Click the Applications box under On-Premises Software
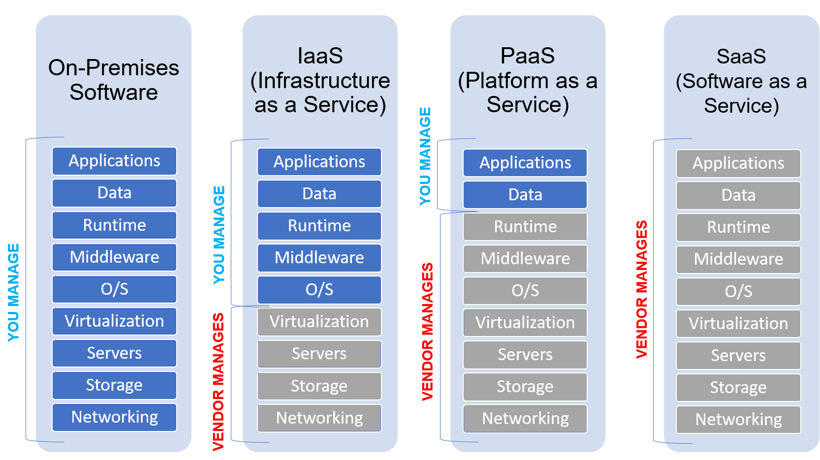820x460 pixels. [114, 161]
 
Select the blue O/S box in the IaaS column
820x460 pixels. [319, 290]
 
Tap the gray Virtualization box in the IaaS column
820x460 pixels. [319, 322]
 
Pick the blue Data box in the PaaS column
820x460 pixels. [525, 195]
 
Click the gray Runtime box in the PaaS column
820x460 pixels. [525, 227]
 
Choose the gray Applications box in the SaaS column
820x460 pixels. [738, 163]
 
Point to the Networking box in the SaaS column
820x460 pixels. [738, 420]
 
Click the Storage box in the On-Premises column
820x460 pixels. [114, 385]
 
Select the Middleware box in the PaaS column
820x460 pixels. [525, 259]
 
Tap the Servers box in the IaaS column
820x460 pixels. [319, 354]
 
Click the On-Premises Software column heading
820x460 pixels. [114, 80]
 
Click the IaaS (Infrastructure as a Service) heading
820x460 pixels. [320, 80]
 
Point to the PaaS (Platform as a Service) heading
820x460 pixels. [527, 80]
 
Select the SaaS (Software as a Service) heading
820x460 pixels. [741, 81]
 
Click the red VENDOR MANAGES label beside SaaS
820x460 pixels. [641, 289]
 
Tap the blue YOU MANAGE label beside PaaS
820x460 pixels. [425, 156]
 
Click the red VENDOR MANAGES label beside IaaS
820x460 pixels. [218, 382]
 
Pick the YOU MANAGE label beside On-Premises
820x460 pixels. [13, 292]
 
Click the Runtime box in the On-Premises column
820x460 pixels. [114, 225]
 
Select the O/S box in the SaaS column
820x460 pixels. [738, 292]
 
